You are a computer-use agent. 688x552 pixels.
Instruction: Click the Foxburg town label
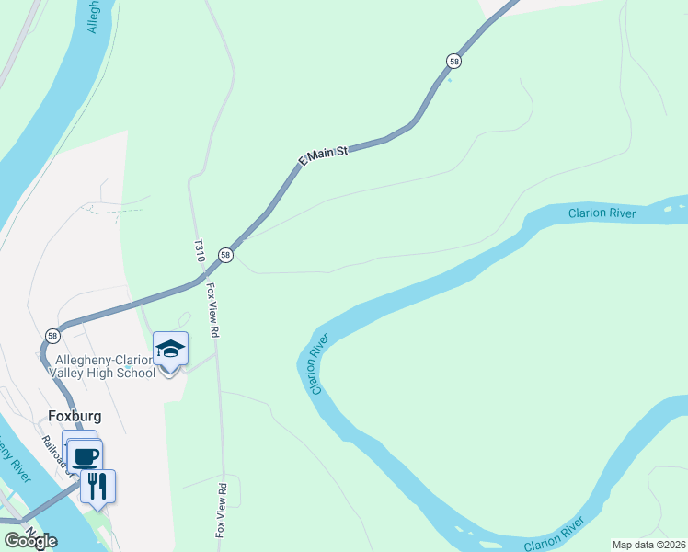(73, 416)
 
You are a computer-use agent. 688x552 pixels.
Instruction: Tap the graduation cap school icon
(170, 349)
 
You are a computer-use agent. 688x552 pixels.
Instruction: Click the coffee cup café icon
(86, 455)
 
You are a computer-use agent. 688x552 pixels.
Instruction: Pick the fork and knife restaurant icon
(97, 484)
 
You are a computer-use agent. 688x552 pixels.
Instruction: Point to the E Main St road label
(323, 154)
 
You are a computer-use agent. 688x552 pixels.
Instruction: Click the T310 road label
(200, 251)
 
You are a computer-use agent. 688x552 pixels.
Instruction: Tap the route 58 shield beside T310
(225, 255)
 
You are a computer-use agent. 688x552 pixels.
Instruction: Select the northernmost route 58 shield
(453, 61)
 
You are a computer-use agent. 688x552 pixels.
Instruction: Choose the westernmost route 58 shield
(52, 336)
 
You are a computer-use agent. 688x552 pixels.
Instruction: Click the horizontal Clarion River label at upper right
(602, 213)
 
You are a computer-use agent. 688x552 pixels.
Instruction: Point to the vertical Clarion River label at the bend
(319, 364)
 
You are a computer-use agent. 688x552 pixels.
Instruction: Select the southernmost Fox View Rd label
(221, 510)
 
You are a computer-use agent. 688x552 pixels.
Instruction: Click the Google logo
(31, 540)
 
